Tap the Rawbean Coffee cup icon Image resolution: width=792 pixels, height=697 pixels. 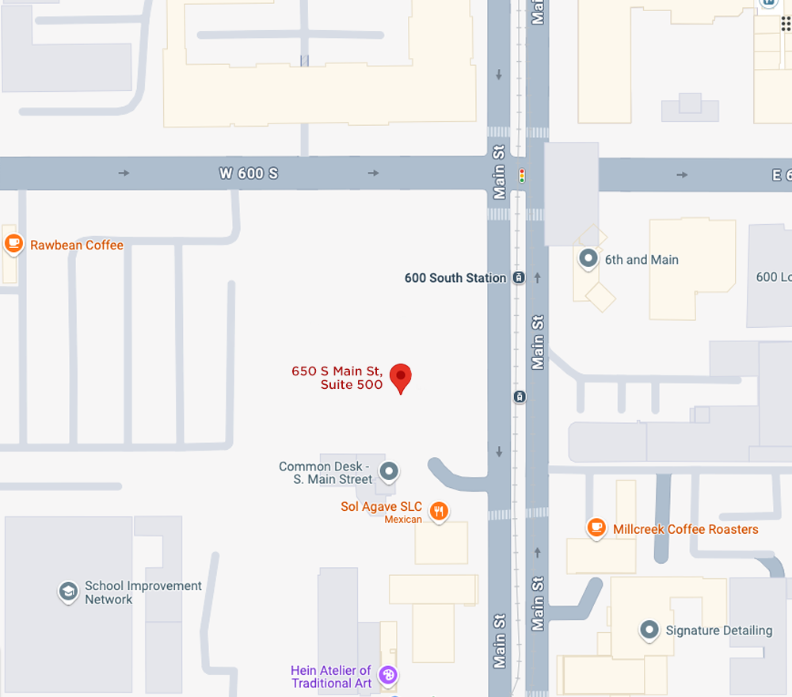coord(13,244)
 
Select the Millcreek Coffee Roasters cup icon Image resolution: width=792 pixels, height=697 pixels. coord(596,528)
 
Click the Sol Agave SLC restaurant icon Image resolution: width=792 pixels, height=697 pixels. coord(439,511)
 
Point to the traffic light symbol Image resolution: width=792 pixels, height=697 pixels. coord(522,175)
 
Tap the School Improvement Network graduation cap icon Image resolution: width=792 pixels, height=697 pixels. coord(69,592)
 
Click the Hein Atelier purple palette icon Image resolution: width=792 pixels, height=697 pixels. coord(387,675)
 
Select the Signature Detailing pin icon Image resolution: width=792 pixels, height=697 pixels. coord(649,630)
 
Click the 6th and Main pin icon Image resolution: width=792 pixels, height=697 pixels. coord(588,258)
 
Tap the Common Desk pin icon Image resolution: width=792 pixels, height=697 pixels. coord(388,472)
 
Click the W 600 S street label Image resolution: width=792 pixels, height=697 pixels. coord(249,173)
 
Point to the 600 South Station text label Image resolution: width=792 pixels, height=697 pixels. coord(455,278)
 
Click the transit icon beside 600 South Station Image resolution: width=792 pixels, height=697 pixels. coord(519,278)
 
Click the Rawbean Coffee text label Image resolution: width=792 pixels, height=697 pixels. coord(77,246)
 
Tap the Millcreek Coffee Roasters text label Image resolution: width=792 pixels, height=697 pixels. coord(686,529)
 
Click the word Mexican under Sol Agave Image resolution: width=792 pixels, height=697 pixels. coord(403,520)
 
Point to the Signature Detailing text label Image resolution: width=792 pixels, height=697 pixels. coord(719,630)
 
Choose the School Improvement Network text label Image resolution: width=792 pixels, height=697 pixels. coord(143,592)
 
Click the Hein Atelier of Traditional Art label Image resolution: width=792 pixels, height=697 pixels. coord(331,677)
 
